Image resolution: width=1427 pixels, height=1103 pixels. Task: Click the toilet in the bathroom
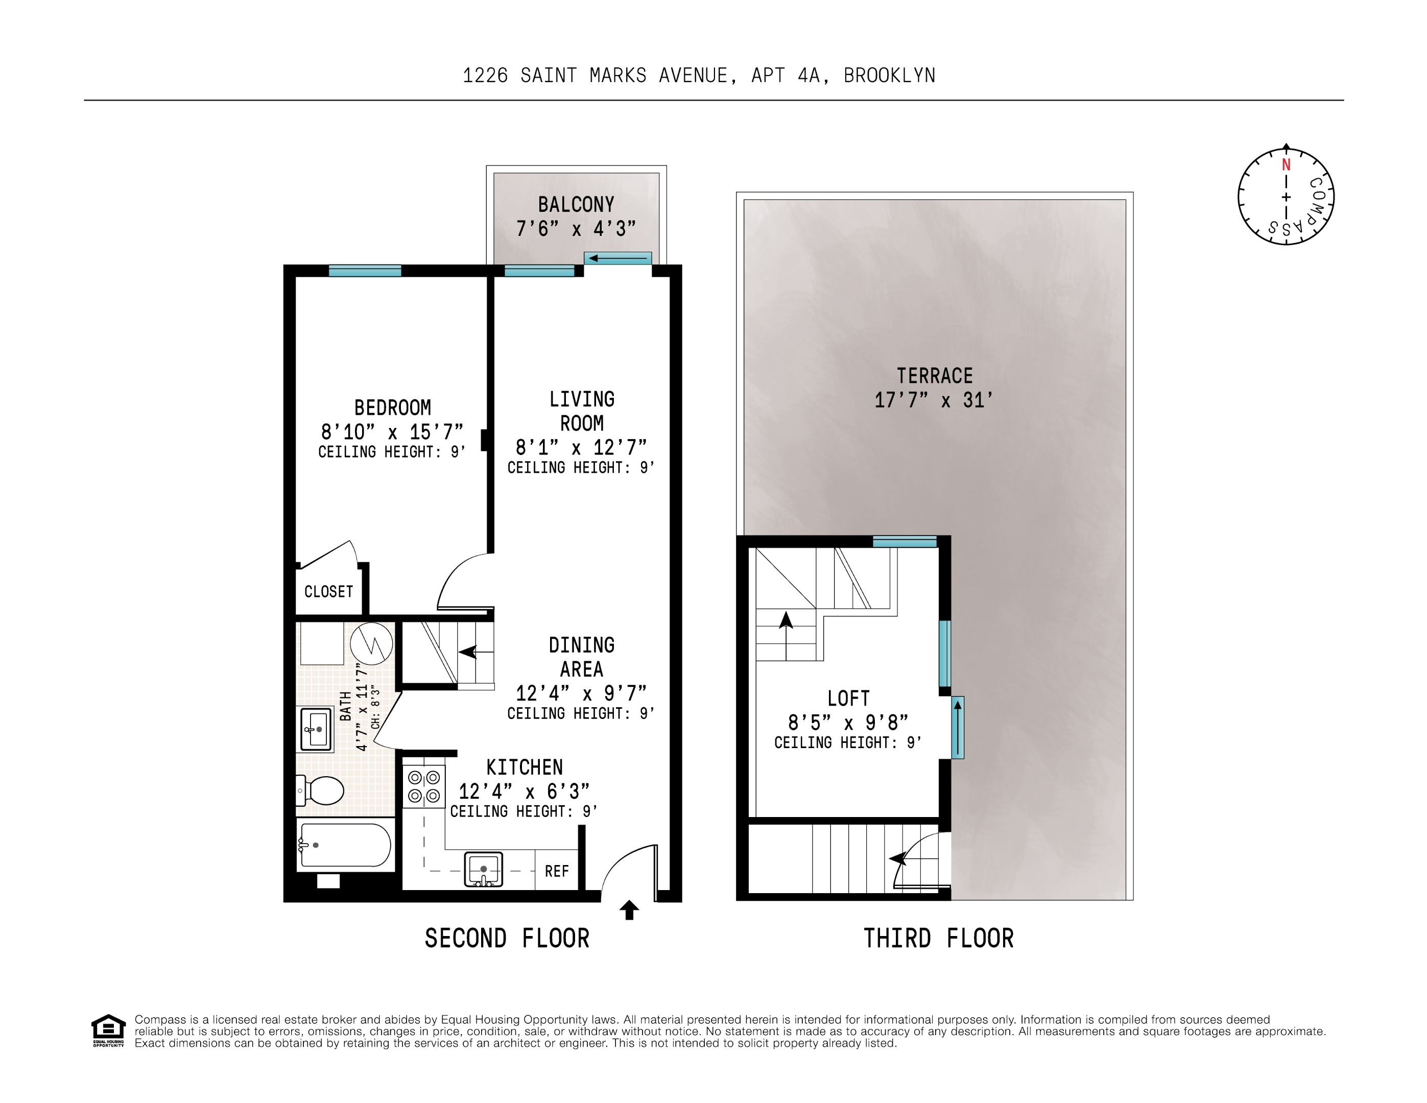click(323, 790)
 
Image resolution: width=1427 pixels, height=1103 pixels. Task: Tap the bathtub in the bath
click(344, 845)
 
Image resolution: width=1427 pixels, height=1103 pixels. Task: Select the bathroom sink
click(316, 729)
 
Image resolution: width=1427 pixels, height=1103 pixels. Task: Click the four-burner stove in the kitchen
click(423, 787)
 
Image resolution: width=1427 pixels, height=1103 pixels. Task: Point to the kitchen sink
click(484, 869)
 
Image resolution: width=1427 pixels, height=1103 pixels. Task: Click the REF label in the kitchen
click(557, 871)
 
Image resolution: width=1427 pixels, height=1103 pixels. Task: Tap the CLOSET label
click(328, 591)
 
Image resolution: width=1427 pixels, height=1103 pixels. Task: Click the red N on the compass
click(1286, 164)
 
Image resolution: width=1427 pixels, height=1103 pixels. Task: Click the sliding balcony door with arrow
click(617, 258)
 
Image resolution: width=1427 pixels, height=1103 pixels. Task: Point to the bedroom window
click(365, 271)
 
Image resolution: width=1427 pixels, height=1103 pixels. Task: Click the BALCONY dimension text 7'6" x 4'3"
click(576, 229)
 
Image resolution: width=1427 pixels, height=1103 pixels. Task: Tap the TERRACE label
click(934, 376)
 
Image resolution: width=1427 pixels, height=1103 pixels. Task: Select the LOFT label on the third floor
click(848, 698)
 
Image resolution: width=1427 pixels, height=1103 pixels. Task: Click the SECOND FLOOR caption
click(507, 939)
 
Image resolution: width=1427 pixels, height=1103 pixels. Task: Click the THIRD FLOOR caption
click(938, 939)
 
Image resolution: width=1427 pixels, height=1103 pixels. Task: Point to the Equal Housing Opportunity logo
click(108, 1030)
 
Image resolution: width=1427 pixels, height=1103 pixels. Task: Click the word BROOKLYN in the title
click(889, 76)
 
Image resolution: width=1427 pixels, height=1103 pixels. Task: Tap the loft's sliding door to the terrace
click(957, 727)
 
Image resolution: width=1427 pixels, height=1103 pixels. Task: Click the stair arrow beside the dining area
click(468, 652)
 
